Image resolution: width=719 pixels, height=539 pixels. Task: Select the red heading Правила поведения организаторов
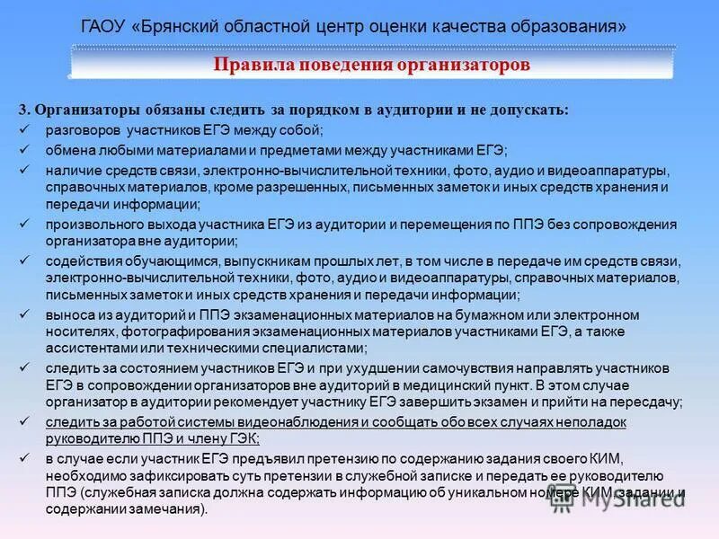pos(371,66)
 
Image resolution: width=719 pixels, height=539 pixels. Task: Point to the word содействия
pos(80,261)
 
